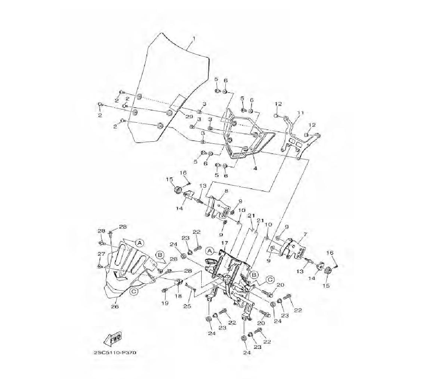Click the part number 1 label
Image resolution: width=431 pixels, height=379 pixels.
pos(194,38)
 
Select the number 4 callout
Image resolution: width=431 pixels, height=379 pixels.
pos(255,168)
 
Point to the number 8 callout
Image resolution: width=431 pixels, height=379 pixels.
pos(226,191)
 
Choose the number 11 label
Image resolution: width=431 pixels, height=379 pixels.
pos(300,112)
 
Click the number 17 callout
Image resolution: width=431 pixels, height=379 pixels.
pos(225,243)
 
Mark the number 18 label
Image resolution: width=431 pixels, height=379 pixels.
pos(178,296)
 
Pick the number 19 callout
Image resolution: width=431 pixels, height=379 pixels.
pos(165,303)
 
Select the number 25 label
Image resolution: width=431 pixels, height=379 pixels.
pos(187,306)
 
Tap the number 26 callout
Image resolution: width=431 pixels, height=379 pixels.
pos(115,306)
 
